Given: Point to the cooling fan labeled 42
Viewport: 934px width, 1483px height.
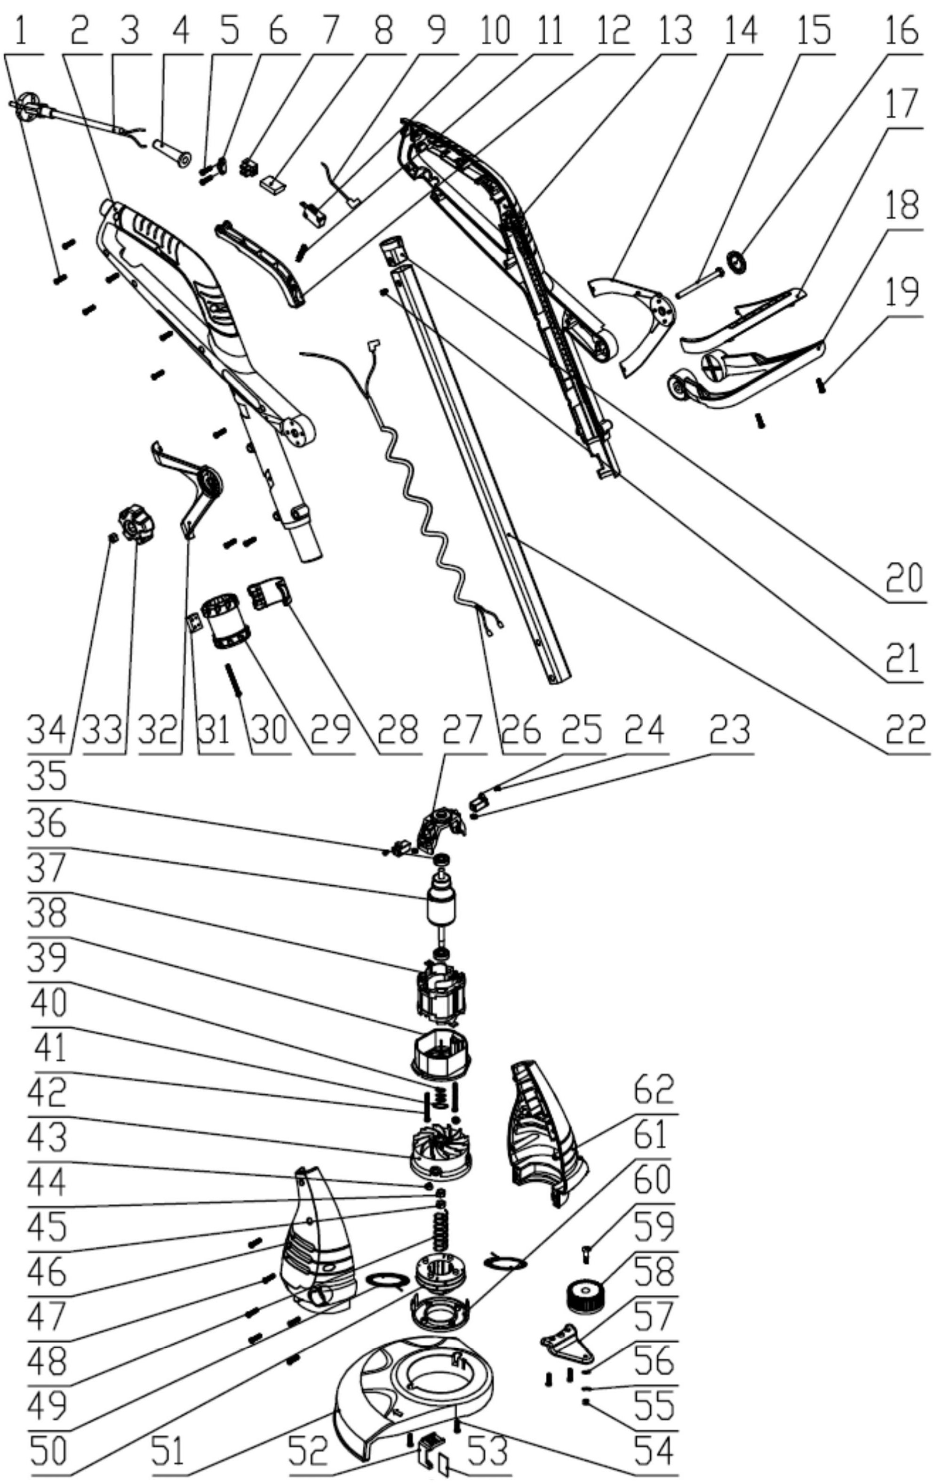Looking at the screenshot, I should (x=439, y=1150).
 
